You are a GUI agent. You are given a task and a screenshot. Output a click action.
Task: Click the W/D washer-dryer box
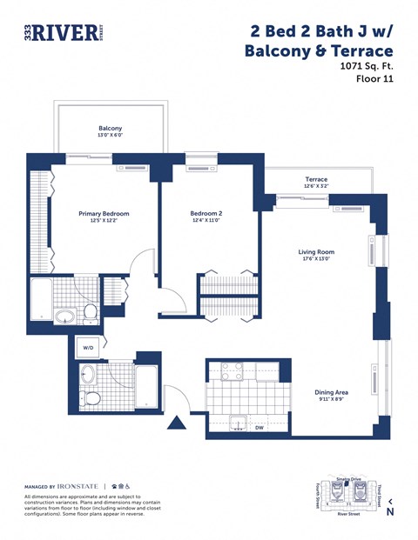pos(88,347)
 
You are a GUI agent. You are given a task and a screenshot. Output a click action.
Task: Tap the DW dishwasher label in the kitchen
pos(259,427)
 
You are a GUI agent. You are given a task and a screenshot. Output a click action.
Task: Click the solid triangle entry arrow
pos(178,423)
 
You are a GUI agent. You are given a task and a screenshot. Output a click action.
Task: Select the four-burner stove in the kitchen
pos(231,371)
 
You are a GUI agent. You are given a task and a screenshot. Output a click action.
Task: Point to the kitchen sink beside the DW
pos(235,425)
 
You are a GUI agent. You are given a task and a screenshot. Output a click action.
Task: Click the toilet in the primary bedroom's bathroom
pos(90,311)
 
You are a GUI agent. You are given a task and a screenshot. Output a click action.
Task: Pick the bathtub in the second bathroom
pos(146,386)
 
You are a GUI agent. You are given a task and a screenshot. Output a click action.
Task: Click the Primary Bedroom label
pos(104,214)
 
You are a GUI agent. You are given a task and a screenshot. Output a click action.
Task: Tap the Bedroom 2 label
pos(206,214)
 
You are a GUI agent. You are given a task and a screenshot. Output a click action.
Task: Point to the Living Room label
pos(316,252)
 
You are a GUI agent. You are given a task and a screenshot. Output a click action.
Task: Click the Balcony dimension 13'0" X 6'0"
pos(110,136)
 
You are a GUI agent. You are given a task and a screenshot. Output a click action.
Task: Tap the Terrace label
pos(316,179)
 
